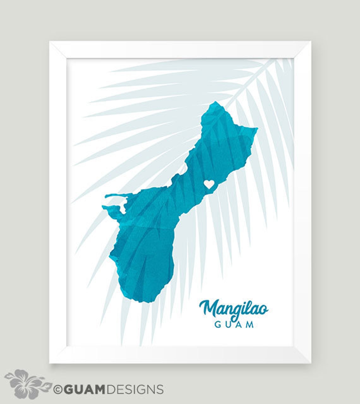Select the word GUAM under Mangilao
[234, 324]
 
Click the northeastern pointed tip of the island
[257, 128]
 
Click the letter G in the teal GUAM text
[218, 324]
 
